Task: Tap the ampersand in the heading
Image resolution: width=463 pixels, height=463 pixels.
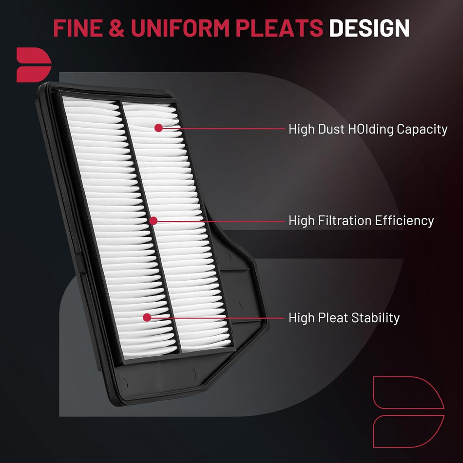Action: [x=116, y=28]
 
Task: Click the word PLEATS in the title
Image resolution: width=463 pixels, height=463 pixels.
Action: [x=279, y=28]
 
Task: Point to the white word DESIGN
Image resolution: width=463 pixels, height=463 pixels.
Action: [x=369, y=28]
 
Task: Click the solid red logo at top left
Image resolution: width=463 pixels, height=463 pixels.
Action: [x=34, y=65]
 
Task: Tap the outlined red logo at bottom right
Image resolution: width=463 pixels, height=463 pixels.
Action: [x=409, y=412]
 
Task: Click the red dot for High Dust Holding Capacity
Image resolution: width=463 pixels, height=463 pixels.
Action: [x=158, y=128]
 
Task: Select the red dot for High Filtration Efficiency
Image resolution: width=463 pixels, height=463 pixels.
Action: [x=153, y=221]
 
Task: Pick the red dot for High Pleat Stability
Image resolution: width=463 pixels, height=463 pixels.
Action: [x=147, y=317]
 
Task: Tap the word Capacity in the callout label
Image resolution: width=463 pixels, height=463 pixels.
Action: [x=422, y=130]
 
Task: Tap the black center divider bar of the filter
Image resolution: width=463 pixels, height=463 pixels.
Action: [x=150, y=228]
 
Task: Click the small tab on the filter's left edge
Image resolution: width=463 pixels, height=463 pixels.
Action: [x=80, y=264]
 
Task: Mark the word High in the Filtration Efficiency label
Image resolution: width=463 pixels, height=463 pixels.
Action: [x=302, y=221]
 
